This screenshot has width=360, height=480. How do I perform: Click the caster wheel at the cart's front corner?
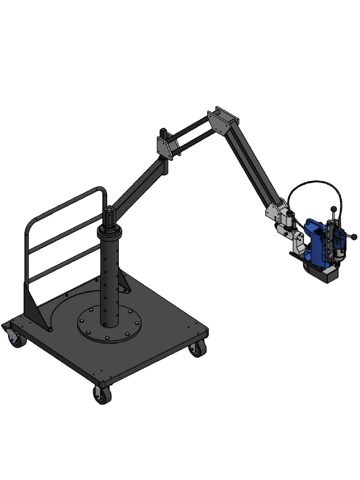click(x=102, y=395)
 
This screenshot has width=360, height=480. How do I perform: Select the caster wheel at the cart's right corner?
click(x=197, y=349)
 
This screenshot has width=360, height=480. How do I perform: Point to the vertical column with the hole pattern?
click(x=109, y=276)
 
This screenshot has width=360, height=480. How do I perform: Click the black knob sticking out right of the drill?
click(x=354, y=237)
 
